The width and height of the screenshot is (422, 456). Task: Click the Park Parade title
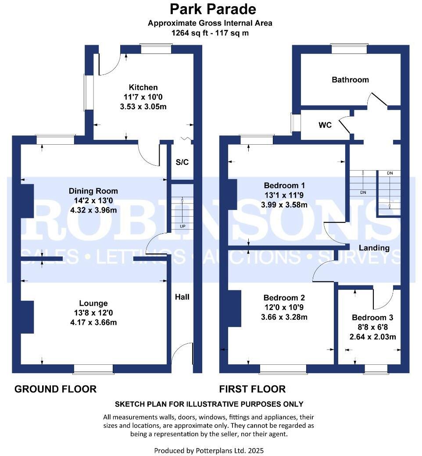tap(213, 9)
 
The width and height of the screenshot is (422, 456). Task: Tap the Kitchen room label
tap(143, 87)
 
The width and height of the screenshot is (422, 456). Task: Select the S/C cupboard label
tap(182, 162)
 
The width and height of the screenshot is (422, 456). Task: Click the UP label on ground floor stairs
tap(182, 227)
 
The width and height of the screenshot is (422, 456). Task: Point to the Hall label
tap(182, 297)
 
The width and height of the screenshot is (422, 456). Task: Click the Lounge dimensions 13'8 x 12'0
tap(93, 313)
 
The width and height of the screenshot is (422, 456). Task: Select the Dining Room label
tap(93, 191)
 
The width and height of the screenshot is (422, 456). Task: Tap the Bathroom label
tap(350, 80)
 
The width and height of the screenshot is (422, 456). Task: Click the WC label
tap(325, 125)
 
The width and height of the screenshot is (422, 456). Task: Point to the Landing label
tap(374, 248)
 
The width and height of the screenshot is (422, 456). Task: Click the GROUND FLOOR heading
tap(56, 389)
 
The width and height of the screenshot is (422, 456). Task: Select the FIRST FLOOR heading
tap(252, 389)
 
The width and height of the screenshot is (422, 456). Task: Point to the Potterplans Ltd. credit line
tap(209, 450)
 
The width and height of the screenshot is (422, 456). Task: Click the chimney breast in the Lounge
tap(27, 317)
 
